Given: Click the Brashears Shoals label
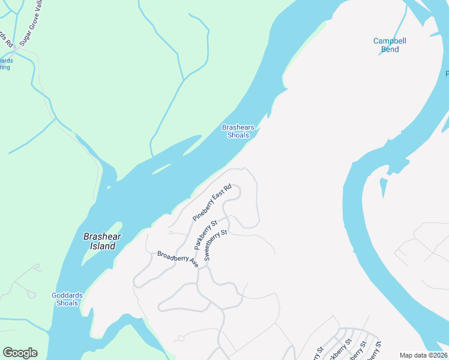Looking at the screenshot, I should point(238,131).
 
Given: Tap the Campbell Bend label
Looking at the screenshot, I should point(390,45).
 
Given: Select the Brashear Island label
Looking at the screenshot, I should point(102,241).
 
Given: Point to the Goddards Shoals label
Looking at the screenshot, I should point(67,299).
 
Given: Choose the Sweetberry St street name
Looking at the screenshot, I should point(215,244).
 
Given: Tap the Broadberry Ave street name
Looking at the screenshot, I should point(178,259).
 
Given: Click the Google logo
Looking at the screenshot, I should point(20,353).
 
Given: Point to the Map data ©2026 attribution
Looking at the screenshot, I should point(424,355).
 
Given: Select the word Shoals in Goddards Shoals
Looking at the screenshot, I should point(67,303).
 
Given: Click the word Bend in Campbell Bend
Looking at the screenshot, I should point(390,49).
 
